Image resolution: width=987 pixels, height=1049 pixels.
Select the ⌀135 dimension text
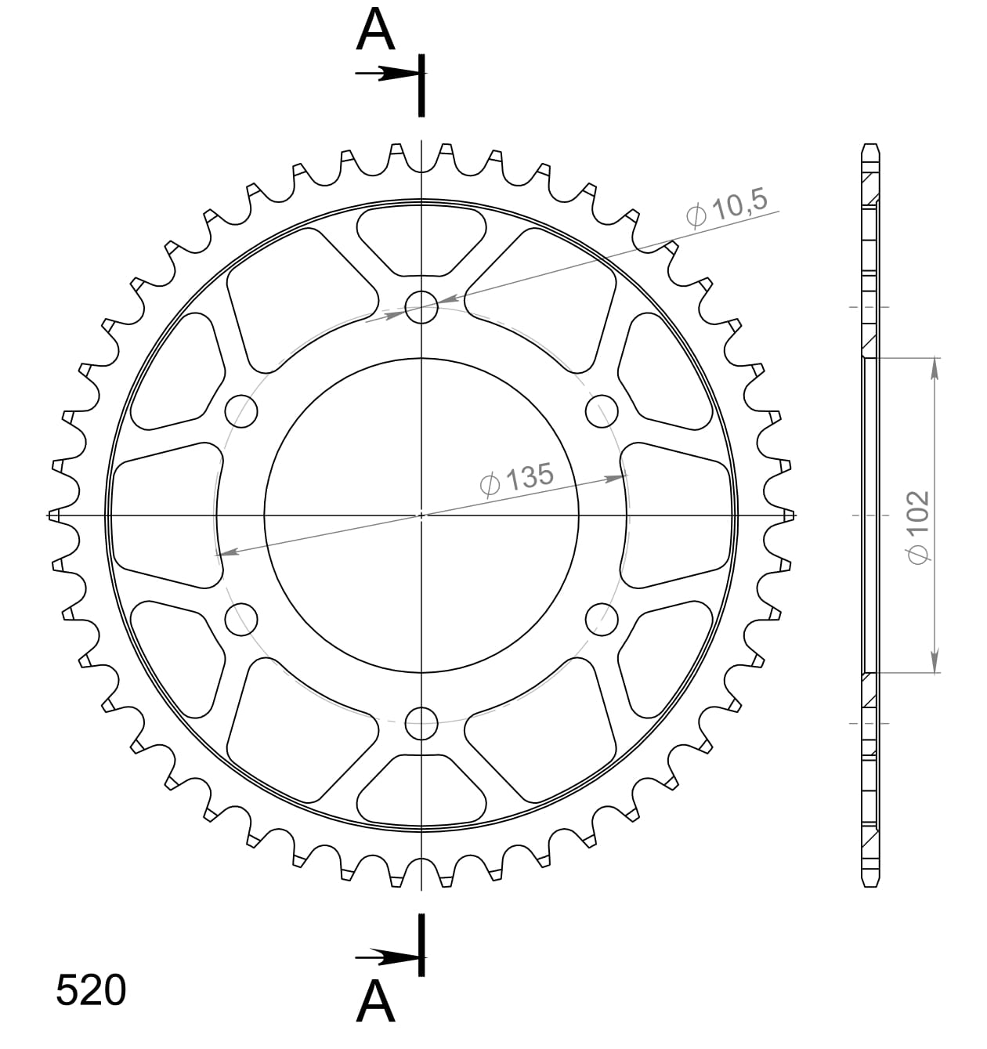(x=517, y=479)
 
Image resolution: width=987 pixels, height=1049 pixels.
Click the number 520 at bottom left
(x=91, y=991)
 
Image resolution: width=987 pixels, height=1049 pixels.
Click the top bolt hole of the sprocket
(x=422, y=306)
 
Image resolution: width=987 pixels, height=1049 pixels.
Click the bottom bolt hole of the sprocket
(x=422, y=723)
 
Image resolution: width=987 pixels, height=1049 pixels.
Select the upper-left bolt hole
(x=241, y=411)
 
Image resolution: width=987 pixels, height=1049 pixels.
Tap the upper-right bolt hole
(x=602, y=411)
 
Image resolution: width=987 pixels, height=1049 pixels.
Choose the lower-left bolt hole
(x=241, y=620)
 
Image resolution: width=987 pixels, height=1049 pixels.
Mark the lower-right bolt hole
(x=602, y=620)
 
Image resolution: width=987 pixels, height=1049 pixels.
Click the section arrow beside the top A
(x=388, y=74)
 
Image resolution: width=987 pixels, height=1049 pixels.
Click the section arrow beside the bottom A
(x=388, y=957)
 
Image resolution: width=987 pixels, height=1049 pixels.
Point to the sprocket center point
(x=422, y=515)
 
